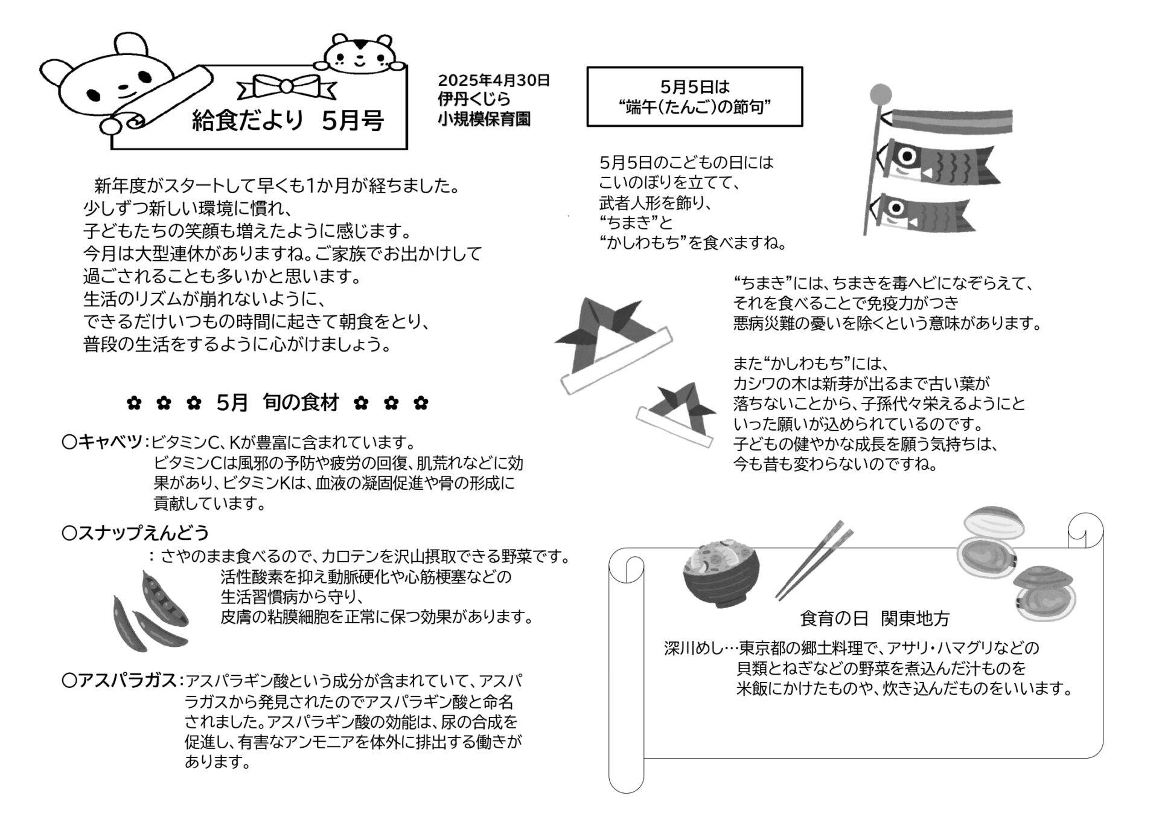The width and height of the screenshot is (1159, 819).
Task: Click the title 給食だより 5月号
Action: pyautogui.click(x=288, y=121)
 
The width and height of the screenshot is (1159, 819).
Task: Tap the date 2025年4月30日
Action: pyautogui.click(x=494, y=80)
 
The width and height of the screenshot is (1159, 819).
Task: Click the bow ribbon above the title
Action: pyautogui.click(x=287, y=87)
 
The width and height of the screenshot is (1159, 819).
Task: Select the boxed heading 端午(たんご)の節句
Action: pyautogui.click(x=694, y=107)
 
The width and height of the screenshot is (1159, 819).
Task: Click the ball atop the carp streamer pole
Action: pyautogui.click(x=881, y=94)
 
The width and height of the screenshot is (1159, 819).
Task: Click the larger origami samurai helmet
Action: pyautogui.click(x=613, y=344)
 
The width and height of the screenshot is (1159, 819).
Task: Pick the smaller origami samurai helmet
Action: pyautogui.click(x=677, y=414)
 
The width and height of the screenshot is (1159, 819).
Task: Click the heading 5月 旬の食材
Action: pyautogui.click(x=278, y=402)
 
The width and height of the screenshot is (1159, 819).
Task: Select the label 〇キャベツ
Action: pyautogui.click(x=102, y=442)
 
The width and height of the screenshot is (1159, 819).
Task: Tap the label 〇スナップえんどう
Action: pyautogui.click(x=135, y=533)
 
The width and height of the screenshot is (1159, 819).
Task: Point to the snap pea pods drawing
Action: pyautogui.click(x=150, y=611)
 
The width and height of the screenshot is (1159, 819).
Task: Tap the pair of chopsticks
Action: pyautogui.click(x=814, y=560)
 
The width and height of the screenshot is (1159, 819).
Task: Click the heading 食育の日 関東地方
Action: pyautogui.click(x=875, y=618)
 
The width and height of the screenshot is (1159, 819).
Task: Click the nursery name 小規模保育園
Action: pyautogui.click(x=484, y=119)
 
